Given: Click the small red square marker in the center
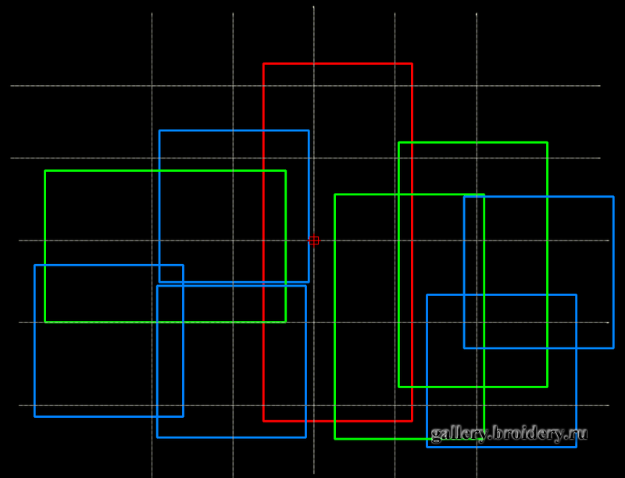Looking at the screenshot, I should (314, 241).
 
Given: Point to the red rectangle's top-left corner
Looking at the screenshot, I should (264, 64).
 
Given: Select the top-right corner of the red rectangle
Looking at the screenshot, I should (412, 64).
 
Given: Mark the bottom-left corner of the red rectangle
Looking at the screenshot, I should (264, 421).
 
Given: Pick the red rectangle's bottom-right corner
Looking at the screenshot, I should (412, 421).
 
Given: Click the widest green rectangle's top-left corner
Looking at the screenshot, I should (45, 171).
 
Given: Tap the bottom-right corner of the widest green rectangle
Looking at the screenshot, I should (286, 322).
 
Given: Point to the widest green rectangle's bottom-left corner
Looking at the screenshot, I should (45, 322).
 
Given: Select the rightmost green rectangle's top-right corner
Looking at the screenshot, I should (547, 143).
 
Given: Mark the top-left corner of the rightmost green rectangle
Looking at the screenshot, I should (399, 143).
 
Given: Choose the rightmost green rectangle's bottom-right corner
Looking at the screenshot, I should (547, 387).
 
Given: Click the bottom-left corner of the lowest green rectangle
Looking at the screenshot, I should (335, 439).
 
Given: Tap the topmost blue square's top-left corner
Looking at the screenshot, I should (159, 130).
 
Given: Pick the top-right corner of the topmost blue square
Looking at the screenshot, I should (309, 130).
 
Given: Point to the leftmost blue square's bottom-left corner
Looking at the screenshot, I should (35, 416).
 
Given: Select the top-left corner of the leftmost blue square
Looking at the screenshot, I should (35, 266).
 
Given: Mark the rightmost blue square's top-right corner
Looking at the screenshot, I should (613, 197).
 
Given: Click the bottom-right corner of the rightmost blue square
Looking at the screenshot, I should (613, 348).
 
